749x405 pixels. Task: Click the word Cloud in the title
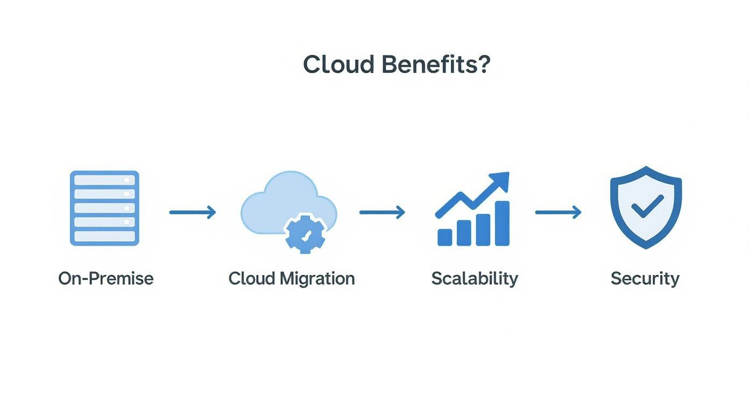point(338,65)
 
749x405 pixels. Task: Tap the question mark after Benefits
point(483,65)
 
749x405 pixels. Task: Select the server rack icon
point(104,208)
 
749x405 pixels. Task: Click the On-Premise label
point(106,278)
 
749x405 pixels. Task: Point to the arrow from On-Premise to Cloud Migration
point(193,212)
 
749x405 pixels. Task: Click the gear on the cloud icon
point(305,234)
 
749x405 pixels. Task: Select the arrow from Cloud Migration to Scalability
point(382,212)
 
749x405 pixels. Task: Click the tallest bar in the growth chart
point(501,224)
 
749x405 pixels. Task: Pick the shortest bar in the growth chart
point(445,237)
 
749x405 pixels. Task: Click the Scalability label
point(475,278)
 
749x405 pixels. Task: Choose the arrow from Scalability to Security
point(559,212)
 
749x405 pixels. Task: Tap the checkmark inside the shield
point(647,206)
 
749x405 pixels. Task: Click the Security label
point(645,278)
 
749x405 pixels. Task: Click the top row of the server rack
point(104,180)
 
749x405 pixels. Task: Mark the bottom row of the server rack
point(104,236)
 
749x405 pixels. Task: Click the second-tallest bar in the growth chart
point(483,229)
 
